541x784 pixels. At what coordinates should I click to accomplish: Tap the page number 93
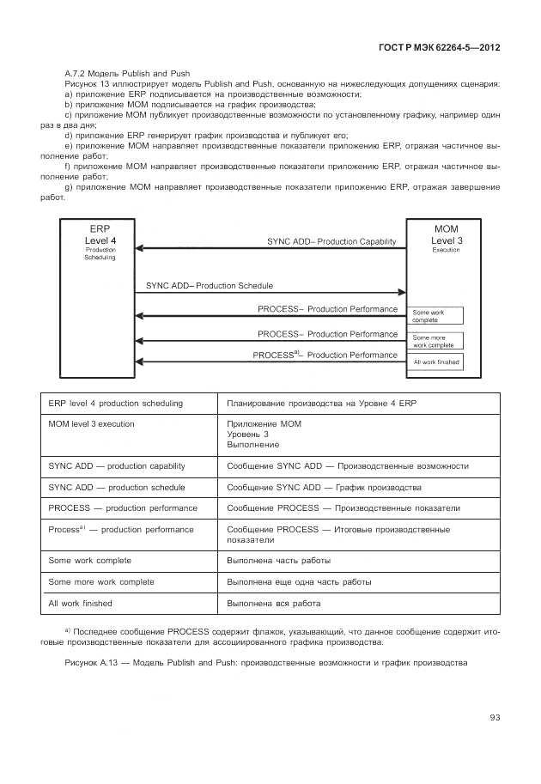495,718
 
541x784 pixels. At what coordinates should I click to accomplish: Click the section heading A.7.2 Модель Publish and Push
127,73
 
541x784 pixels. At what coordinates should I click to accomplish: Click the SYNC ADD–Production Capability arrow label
336,243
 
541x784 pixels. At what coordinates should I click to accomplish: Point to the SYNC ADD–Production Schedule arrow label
210,284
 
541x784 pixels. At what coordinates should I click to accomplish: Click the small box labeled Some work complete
436,316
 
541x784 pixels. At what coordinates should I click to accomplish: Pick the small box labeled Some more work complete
436,341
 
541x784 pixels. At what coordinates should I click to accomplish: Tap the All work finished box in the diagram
436,362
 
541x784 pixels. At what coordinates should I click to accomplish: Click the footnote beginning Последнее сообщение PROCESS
270,636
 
